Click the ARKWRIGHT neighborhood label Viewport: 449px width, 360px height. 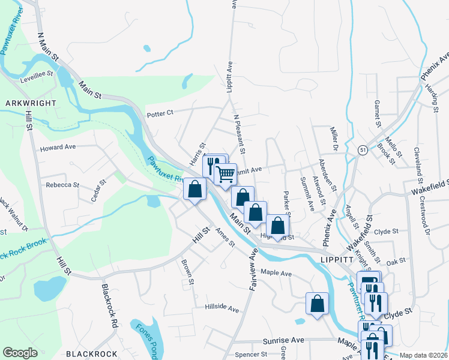pos(31,103)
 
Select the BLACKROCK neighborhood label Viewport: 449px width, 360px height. pos(91,353)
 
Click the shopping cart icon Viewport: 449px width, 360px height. pos(226,175)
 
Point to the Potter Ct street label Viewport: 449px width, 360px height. pos(160,112)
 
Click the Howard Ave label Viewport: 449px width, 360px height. pos(58,147)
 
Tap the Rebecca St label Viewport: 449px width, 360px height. pos(62,185)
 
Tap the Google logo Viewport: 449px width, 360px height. pos(20,353)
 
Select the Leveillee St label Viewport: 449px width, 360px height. pos(37,79)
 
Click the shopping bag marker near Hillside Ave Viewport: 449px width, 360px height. pos(317,304)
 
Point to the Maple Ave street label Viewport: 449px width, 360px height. pos(276,274)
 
